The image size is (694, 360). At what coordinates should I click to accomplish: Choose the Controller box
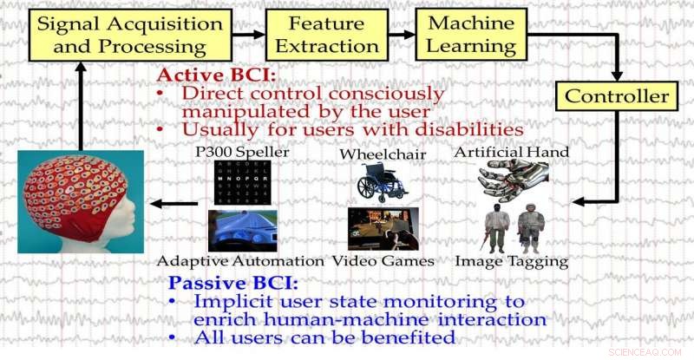pyautogui.click(x=617, y=95)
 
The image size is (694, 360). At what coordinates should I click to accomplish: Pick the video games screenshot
pyautogui.click(x=383, y=228)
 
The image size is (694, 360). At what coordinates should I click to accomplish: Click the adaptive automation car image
pyautogui.click(x=242, y=230)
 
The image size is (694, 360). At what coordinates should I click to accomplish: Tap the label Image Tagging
pyautogui.click(x=513, y=260)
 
